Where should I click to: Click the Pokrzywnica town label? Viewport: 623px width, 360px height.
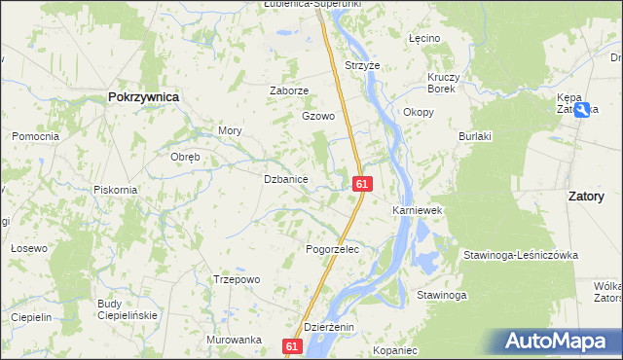pyautogui.click(x=142, y=97)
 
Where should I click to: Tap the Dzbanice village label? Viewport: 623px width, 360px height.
pyautogui.click(x=286, y=179)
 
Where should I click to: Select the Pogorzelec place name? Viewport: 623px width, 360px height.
pyautogui.click(x=333, y=250)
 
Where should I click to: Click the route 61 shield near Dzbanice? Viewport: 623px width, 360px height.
pyautogui.click(x=362, y=183)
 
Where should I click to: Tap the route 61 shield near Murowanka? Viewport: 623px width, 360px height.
pyautogui.click(x=293, y=345)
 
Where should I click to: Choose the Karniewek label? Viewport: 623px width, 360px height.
pyautogui.click(x=418, y=210)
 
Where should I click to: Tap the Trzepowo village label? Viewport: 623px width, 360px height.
pyautogui.click(x=237, y=279)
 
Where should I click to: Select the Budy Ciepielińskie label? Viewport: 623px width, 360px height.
pyautogui.click(x=124, y=309)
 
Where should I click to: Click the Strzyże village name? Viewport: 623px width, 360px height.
pyautogui.click(x=361, y=65)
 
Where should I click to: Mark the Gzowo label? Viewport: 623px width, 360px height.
pyautogui.click(x=317, y=116)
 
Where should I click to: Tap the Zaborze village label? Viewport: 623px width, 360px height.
pyautogui.click(x=289, y=90)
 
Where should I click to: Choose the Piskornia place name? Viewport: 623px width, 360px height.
pyautogui.click(x=115, y=190)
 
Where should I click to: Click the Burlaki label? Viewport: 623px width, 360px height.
pyautogui.click(x=476, y=136)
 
